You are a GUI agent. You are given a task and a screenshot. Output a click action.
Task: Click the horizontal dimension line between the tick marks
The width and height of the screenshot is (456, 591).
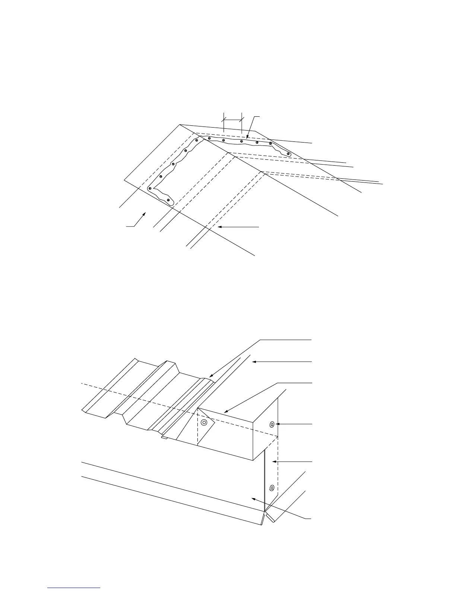(232, 119)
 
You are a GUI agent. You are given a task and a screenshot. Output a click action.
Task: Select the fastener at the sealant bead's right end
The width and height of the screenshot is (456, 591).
(288, 154)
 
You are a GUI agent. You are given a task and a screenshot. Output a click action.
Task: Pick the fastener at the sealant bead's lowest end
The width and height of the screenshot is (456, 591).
(168, 200)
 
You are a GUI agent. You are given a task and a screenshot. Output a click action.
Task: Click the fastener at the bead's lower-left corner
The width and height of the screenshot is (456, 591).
(149, 188)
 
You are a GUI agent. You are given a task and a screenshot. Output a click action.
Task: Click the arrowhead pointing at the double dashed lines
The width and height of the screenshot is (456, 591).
(219, 226)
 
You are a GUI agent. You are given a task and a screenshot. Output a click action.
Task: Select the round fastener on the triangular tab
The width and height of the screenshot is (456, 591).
(204, 423)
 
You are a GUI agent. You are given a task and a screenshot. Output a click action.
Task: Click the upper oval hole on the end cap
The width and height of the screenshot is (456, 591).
(272, 424)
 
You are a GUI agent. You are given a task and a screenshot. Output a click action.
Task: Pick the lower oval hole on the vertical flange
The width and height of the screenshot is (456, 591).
(272, 487)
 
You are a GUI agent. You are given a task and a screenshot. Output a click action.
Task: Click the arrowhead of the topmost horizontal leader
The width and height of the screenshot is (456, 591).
(254, 362)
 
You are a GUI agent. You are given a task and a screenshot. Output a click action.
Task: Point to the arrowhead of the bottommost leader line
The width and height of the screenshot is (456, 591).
(254, 498)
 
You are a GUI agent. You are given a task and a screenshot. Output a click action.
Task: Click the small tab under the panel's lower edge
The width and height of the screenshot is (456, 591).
(164, 438)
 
